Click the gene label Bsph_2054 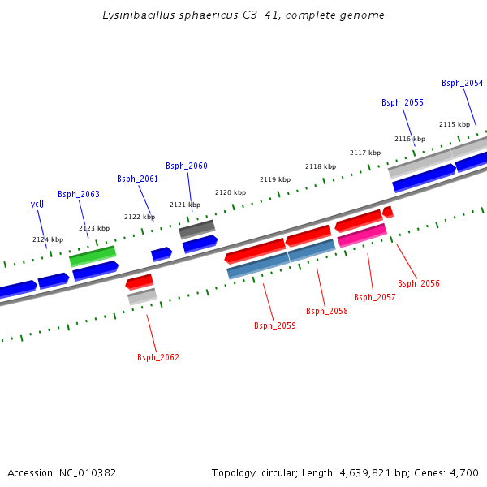click(462, 83)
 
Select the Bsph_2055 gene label click(403, 102)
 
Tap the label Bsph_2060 click(187, 166)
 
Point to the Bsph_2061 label click(137, 179)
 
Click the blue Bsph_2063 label click(79, 194)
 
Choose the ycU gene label click(37, 205)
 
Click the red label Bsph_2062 click(158, 357)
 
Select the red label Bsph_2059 click(275, 325)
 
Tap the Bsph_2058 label click(326, 311)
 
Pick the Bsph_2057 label click(374, 297)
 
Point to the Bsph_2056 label click(419, 283)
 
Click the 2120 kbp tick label click(230, 192)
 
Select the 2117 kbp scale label click(365, 153)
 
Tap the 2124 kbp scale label click(48, 239)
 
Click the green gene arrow click(93, 256)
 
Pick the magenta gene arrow click(362, 235)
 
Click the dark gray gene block click(196, 229)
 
